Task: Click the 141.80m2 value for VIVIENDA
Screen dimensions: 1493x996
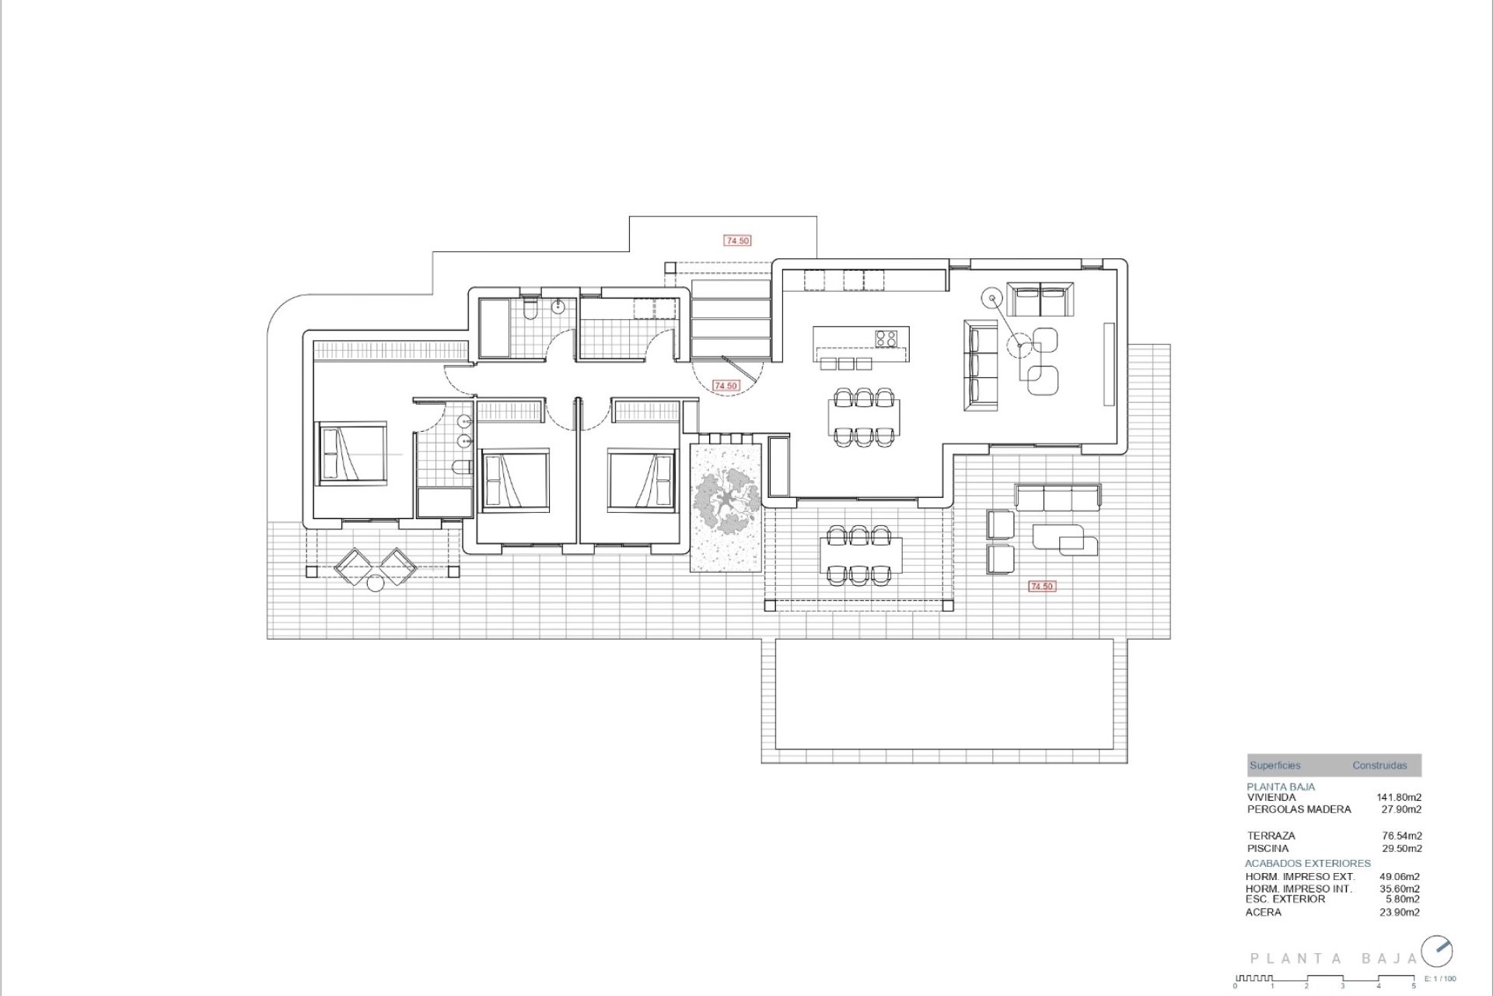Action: click(1399, 797)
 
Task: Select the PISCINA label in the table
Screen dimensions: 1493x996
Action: click(1267, 848)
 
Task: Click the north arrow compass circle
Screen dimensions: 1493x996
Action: click(1437, 951)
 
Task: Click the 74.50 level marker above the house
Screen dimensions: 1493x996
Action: click(737, 241)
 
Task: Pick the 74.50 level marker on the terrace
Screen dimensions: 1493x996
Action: click(1041, 586)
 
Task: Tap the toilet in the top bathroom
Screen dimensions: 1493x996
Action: click(530, 311)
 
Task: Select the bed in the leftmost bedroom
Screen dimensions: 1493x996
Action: click(351, 454)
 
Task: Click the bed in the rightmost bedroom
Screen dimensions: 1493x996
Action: click(641, 479)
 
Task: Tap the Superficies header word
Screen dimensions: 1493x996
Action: click(1274, 766)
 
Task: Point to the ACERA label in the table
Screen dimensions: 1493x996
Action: click(1264, 912)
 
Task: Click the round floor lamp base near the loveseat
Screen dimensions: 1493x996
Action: click(992, 298)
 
